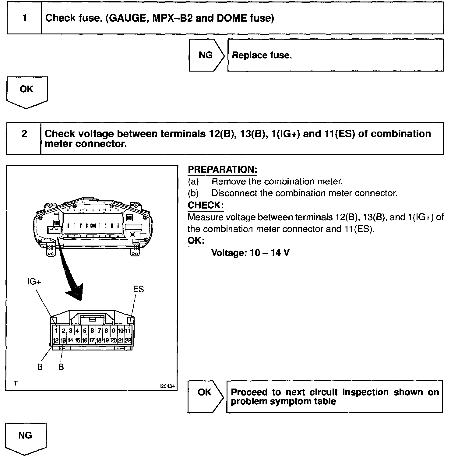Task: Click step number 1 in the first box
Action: [x=24, y=18]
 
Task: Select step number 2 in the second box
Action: [x=24, y=134]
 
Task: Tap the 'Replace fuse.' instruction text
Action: [x=262, y=55]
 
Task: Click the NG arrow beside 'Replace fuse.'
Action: [x=206, y=55]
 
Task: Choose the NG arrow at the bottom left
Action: [x=25, y=437]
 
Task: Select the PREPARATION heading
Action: [x=222, y=170]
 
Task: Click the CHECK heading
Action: [x=206, y=205]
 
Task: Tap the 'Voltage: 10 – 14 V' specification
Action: [x=250, y=253]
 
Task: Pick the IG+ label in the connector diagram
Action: [x=34, y=282]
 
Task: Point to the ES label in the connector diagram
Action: [x=138, y=289]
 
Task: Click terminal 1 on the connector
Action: [x=56, y=331]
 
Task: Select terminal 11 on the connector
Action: [x=128, y=331]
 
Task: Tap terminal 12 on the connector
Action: [x=56, y=340]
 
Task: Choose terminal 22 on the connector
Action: [x=128, y=340]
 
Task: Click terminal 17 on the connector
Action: [x=91, y=340]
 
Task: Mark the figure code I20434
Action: [x=167, y=386]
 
